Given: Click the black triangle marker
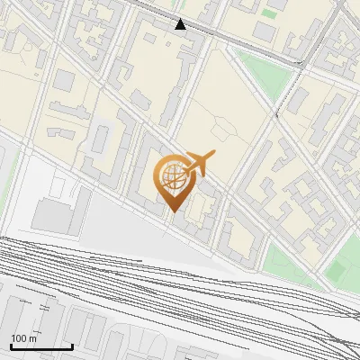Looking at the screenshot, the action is tap(180, 24).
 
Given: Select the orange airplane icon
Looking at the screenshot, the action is tap(199, 165).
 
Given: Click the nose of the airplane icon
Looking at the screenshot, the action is tap(214, 155).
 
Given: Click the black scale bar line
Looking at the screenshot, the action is tap(41, 347).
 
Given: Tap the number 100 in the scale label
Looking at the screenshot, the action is tap(19, 338).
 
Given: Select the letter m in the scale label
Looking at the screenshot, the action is tap(32, 338).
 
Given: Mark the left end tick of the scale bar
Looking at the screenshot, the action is tap(11, 346).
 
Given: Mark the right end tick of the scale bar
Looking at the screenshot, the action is tap(72, 346).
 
